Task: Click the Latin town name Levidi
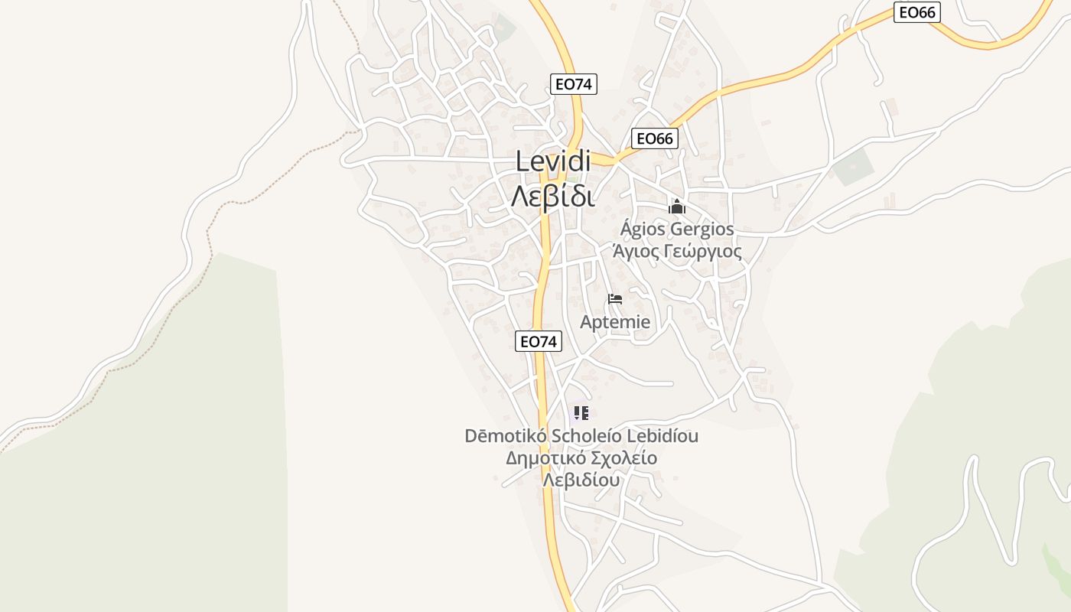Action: pyautogui.click(x=553, y=161)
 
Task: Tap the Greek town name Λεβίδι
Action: pyautogui.click(x=553, y=196)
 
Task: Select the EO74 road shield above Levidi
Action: pyautogui.click(x=573, y=84)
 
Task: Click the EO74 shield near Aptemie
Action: pyautogui.click(x=539, y=341)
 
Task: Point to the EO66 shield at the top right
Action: pyautogui.click(x=916, y=12)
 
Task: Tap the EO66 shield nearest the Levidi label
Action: pyautogui.click(x=655, y=138)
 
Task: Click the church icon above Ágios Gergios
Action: pyautogui.click(x=676, y=207)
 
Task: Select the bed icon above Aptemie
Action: pyautogui.click(x=615, y=299)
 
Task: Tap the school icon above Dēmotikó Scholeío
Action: pyautogui.click(x=581, y=414)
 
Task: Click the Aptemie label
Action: pyautogui.click(x=615, y=322)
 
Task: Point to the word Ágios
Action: pyautogui.click(x=643, y=229)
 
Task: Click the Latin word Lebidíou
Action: pyautogui.click(x=662, y=436)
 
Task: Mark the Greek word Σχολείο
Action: pyautogui.click(x=624, y=458)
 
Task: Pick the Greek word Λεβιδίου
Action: pyautogui.click(x=581, y=480)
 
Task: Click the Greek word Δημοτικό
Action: pyautogui.click(x=546, y=458)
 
